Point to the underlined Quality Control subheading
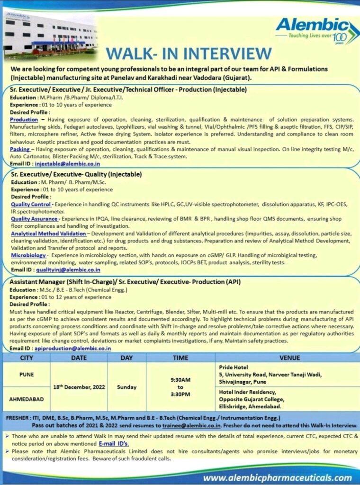(31, 204)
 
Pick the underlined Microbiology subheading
(28, 255)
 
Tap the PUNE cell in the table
(26, 374)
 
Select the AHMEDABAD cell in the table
(26, 399)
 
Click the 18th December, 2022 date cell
(79, 387)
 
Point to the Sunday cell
(126, 387)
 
